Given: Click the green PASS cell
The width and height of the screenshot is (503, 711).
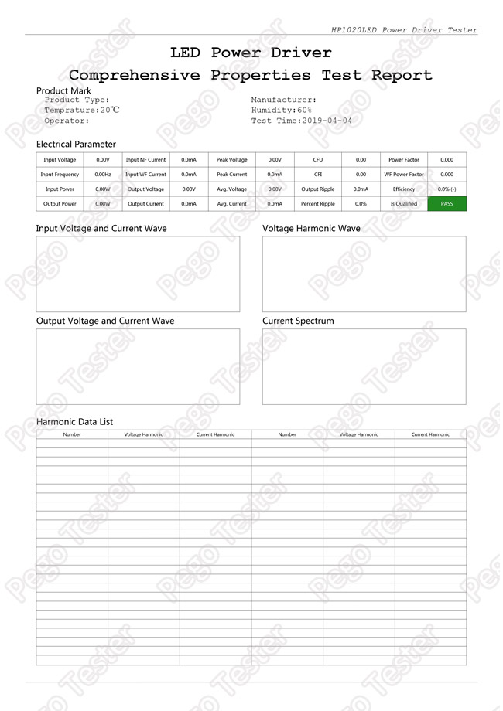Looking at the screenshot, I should [x=447, y=204].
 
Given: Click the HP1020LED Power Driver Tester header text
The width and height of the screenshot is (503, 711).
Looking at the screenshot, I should [x=404, y=30].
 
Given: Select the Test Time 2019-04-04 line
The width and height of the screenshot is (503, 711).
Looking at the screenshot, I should [x=301, y=121].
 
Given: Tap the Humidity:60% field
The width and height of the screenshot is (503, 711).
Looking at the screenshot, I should [x=281, y=111].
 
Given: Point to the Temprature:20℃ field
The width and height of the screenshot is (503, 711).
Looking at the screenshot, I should [x=81, y=111].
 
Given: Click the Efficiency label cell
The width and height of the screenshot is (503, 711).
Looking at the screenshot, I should [x=404, y=189].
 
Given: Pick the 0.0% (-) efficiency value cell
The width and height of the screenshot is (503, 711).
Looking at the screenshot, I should [x=447, y=189].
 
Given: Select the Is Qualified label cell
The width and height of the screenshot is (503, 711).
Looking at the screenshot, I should [x=404, y=204].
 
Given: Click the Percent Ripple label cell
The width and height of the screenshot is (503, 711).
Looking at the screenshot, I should [x=318, y=204].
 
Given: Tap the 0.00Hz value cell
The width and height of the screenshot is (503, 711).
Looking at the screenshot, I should [x=103, y=175].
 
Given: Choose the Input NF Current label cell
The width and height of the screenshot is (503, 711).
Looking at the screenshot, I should [x=145, y=160].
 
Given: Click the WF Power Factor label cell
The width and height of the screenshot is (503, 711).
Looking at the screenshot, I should [x=404, y=175].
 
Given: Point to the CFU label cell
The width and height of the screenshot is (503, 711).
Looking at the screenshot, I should [x=318, y=160].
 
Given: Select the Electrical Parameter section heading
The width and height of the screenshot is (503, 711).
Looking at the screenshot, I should [x=76, y=145].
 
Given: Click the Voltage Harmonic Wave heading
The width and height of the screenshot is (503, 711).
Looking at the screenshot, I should [x=311, y=229].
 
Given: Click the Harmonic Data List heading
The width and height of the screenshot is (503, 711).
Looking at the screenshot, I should [x=74, y=422].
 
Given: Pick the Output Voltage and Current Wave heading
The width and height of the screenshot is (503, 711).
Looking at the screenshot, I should [x=105, y=321].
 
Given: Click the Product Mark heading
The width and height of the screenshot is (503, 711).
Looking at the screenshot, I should [x=63, y=91].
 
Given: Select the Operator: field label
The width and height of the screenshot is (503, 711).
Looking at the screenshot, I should [x=67, y=121].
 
